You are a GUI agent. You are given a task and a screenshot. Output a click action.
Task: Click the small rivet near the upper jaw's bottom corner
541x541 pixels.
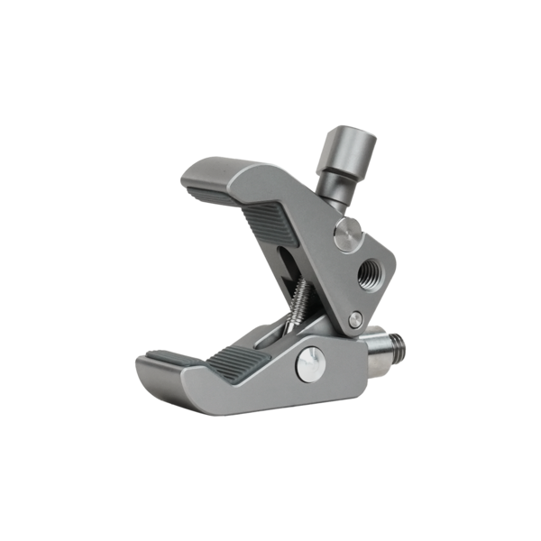(355, 316)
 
